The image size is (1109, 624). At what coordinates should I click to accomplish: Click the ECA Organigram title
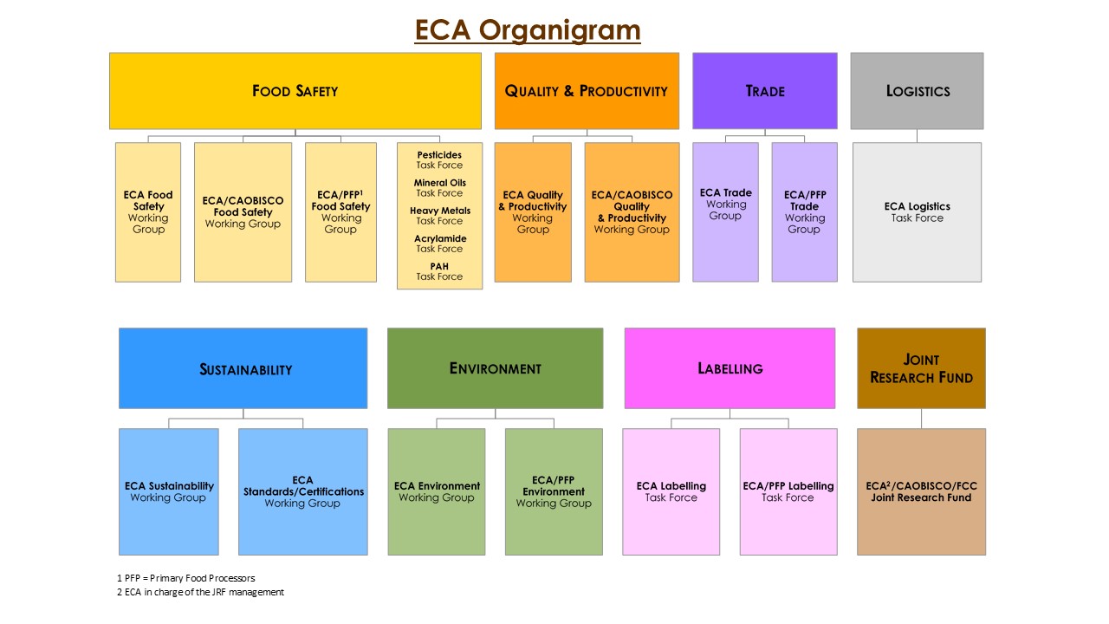click(527, 30)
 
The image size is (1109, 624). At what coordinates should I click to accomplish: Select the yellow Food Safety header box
click(295, 91)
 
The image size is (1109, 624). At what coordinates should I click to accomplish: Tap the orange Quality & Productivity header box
click(587, 91)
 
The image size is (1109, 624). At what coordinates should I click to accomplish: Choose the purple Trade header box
click(764, 91)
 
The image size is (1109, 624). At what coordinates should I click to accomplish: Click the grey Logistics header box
click(917, 91)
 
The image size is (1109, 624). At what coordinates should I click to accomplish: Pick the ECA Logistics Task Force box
click(917, 212)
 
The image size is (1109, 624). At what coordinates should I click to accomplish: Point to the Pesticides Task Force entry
click(439, 160)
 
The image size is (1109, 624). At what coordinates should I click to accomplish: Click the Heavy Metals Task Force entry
click(439, 216)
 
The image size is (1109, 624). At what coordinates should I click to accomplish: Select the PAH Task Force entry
click(439, 271)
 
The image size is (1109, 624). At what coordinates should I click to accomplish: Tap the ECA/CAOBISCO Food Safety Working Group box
click(243, 212)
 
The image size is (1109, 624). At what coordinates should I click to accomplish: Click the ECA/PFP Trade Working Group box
click(804, 212)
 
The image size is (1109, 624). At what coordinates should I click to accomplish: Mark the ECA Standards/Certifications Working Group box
click(302, 491)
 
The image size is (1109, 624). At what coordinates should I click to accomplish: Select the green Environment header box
click(495, 368)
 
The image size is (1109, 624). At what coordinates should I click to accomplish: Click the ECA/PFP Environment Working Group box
click(554, 491)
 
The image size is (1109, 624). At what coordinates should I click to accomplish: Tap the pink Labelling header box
click(730, 368)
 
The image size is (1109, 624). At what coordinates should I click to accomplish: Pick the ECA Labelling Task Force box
click(671, 491)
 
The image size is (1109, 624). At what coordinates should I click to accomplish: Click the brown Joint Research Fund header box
click(921, 368)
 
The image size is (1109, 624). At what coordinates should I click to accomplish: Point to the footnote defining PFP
click(186, 578)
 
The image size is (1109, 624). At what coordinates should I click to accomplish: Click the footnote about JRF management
click(200, 593)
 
